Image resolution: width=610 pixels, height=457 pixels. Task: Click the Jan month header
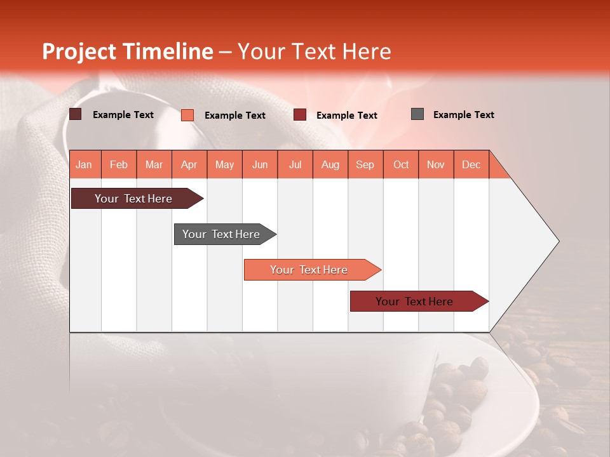[x=84, y=165]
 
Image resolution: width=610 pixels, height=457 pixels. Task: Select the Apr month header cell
[x=189, y=165]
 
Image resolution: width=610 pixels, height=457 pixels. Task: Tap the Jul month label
[x=295, y=165]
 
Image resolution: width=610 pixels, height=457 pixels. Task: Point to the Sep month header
[x=365, y=165]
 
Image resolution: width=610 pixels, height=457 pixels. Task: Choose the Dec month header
[x=471, y=165]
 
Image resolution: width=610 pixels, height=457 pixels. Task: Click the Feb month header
[x=119, y=165]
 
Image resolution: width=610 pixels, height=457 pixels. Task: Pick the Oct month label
[x=401, y=165]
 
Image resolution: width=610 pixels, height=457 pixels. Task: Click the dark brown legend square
[x=76, y=114]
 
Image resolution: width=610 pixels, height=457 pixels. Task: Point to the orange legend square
[x=187, y=115]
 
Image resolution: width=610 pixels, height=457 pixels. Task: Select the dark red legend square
[x=300, y=115]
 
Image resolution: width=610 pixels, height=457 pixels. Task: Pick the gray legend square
[x=417, y=114]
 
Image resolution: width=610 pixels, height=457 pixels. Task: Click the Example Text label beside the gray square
[x=463, y=115]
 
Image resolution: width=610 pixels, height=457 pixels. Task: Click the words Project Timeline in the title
[x=127, y=51]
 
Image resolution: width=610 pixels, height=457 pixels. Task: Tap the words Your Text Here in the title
[x=314, y=51]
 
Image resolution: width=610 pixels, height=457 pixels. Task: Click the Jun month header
[x=260, y=165]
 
